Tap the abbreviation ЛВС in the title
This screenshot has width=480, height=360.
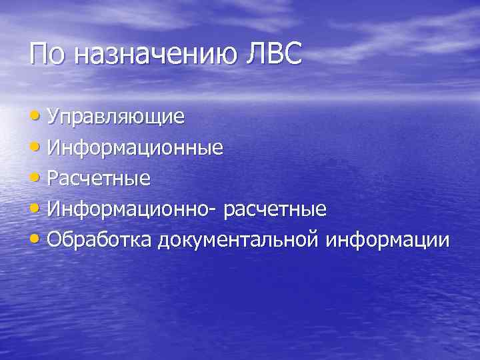pyautogui.click(x=274, y=53)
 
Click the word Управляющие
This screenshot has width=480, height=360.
pyautogui.click(x=116, y=117)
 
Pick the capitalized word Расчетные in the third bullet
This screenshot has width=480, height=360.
pyautogui.click(x=99, y=179)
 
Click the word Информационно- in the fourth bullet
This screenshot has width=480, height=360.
pyautogui.click(x=133, y=209)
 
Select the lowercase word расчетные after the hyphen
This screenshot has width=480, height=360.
pyautogui.click(x=275, y=211)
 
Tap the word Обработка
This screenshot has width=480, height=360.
pyautogui.click(x=101, y=239)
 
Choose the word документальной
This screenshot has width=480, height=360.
pyautogui.click(x=239, y=241)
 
